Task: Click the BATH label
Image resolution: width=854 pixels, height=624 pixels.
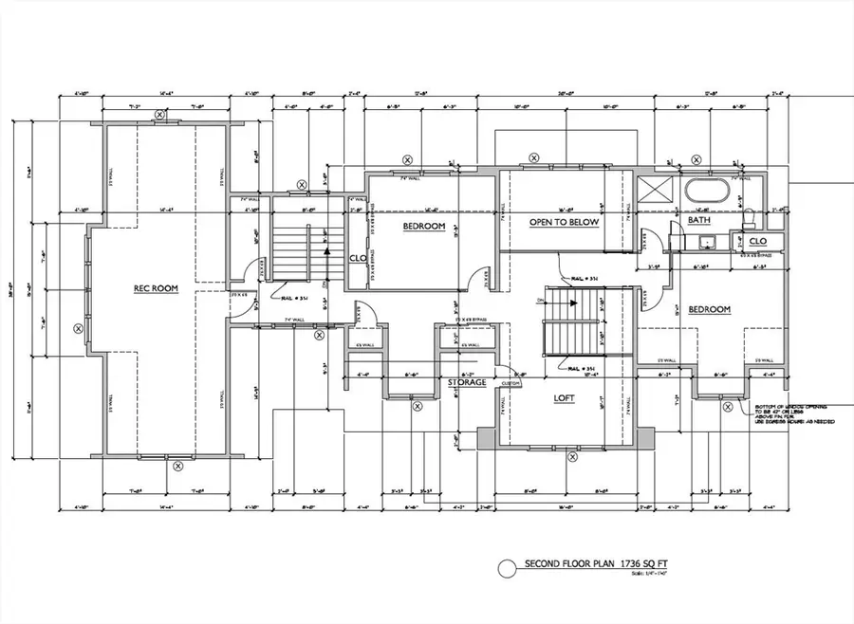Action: [699, 220]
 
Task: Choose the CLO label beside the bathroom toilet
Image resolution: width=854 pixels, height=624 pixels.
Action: [758, 240]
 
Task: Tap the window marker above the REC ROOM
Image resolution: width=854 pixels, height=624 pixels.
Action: [160, 115]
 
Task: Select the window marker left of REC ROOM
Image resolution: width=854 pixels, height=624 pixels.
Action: [78, 328]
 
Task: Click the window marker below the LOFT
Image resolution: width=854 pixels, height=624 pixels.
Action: [572, 457]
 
